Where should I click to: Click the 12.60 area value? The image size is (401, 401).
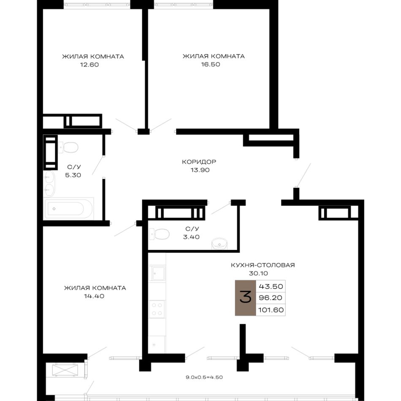click(x=89, y=65)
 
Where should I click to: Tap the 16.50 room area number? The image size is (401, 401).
click(x=211, y=65)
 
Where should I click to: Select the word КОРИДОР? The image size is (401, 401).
click(x=199, y=162)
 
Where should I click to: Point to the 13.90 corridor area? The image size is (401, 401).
click(x=200, y=170)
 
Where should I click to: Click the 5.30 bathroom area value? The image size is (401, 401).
click(x=73, y=175)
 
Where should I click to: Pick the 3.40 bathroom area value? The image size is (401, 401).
click(x=191, y=237)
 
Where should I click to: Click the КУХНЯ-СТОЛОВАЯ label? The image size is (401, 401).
click(x=263, y=265)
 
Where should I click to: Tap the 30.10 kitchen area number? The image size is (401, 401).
click(x=258, y=274)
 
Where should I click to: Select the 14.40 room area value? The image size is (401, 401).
click(x=94, y=296)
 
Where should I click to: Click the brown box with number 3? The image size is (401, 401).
click(x=245, y=298)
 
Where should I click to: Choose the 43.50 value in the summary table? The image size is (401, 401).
click(x=271, y=287)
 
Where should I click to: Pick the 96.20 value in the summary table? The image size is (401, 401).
click(x=270, y=298)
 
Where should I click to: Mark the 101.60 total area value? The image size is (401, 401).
click(x=271, y=310)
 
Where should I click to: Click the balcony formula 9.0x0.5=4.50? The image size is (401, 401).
click(x=204, y=377)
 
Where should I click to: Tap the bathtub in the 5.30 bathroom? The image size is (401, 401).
click(x=68, y=209)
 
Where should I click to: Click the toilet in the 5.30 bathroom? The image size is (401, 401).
click(x=68, y=148)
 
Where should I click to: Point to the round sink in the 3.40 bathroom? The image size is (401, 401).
click(x=219, y=244)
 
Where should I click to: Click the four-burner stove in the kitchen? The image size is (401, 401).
click(x=157, y=309)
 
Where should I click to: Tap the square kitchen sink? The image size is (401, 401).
click(x=157, y=273)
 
